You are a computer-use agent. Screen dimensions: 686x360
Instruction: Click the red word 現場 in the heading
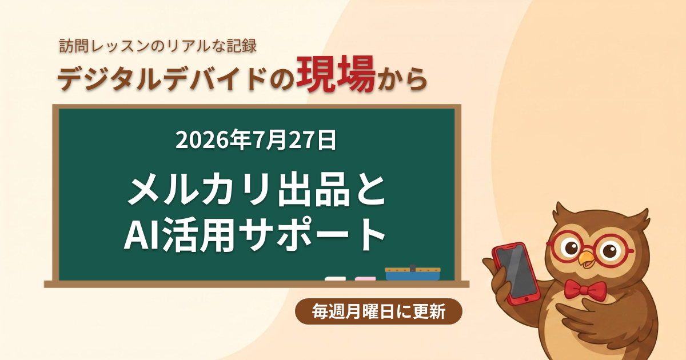click(x=336, y=74)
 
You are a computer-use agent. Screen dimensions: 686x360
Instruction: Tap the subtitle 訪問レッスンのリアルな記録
click(x=158, y=46)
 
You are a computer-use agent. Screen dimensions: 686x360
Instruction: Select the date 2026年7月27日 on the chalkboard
click(x=256, y=140)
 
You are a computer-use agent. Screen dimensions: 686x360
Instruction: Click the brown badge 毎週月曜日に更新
click(x=378, y=311)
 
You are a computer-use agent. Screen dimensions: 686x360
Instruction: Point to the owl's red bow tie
click(x=585, y=289)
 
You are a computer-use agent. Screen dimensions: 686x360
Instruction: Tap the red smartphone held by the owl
click(x=516, y=273)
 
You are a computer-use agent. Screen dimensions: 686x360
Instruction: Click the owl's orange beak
click(x=587, y=259)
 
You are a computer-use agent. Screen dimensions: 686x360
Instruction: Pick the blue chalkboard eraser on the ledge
click(x=413, y=273)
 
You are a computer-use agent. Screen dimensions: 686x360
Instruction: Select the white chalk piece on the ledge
click(x=335, y=279)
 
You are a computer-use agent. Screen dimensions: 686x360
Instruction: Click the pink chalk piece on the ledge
click(x=365, y=279)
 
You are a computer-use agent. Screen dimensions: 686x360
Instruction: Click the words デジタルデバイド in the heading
click(x=162, y=79)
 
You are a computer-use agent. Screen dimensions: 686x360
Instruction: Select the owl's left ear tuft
click(x=563, y=212)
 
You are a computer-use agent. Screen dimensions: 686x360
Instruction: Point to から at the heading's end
click(x=402, y=79)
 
